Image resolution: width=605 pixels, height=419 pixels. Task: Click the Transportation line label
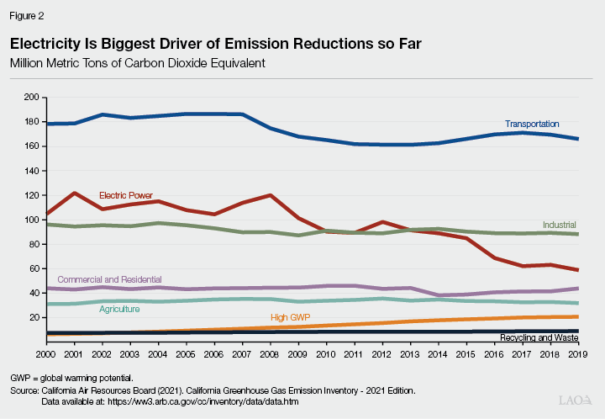tap(531, 125)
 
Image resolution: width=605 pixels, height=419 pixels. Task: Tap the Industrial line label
tap(559, 225)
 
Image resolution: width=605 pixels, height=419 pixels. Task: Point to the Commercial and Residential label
tap(109, 279)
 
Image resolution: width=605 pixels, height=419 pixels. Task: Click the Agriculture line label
tap(119, 310)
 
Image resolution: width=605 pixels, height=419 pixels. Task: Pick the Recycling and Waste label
tap(539, 337)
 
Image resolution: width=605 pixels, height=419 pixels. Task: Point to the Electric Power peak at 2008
tap(271, 195)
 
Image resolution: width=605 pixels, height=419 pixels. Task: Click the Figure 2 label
tap(28, 14)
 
